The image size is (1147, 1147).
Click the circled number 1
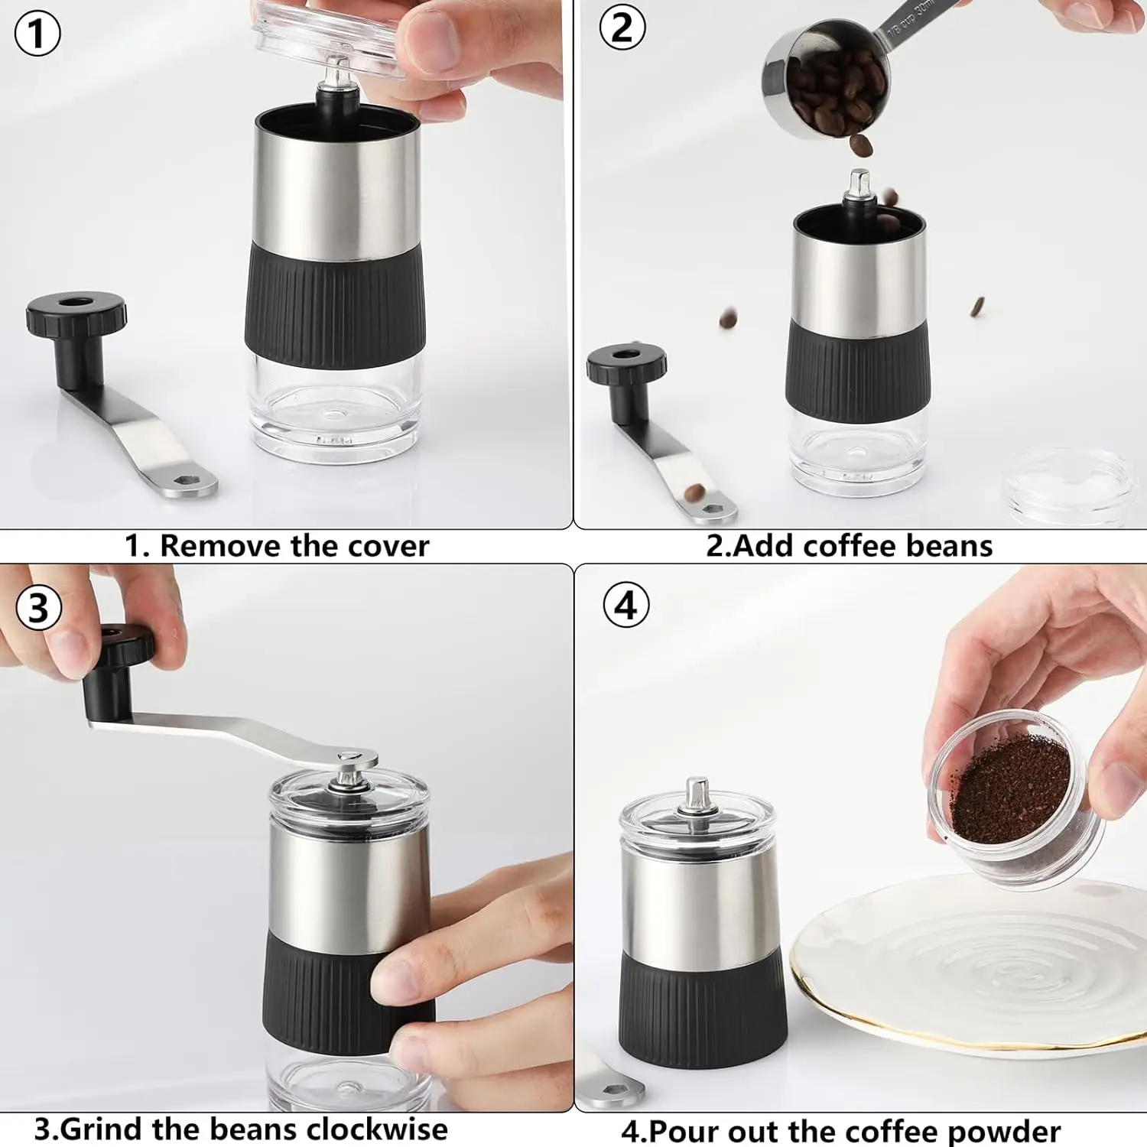(x=37, y=34)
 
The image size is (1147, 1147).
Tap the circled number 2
(x=622, y=28)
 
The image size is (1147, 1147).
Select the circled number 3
(x=38, y=608)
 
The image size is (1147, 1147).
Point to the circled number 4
(x=625, y=606)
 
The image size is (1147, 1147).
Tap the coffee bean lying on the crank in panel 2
(x=694, y=492)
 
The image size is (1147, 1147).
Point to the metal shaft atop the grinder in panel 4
(x=697, y=795)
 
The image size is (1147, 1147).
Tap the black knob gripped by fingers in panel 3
(x=122, y=646)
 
